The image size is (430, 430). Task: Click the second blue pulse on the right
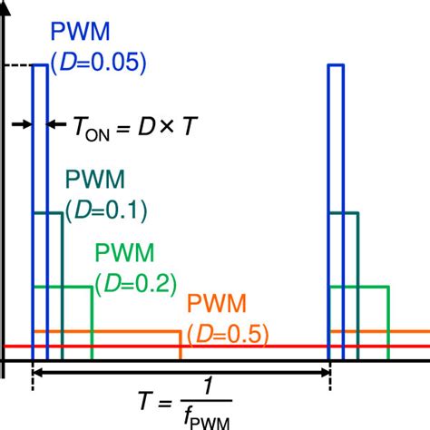336,209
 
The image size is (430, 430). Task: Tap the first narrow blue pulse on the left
40,209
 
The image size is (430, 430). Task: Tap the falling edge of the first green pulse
93,322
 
